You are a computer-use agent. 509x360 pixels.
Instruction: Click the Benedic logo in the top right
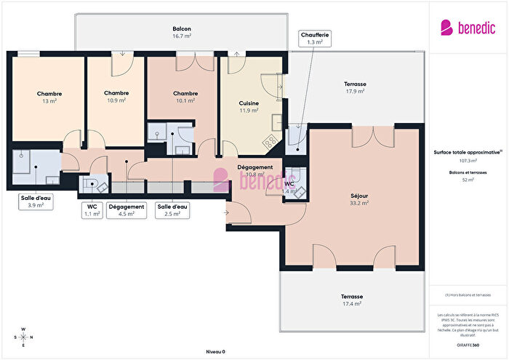click(x=468, y=28)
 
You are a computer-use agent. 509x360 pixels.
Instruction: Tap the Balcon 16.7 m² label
click(x=182, y=32)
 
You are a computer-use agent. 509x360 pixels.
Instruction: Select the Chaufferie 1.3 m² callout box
click(x=314, y=39)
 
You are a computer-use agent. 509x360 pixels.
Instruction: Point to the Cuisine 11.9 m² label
click(x=249, y=107)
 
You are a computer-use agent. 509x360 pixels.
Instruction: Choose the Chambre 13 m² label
click(x=49, y=97)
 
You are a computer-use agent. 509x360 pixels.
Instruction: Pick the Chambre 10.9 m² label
click(x=116, y=96)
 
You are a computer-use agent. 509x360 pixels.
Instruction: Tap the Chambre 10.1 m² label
click(x=186, y=97)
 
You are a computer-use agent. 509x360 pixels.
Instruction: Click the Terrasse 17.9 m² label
click(x=355, y=88)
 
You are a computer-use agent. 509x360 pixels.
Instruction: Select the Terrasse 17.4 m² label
click(x=352, y=300)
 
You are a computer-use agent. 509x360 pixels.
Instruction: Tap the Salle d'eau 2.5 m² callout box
click(x=172, y=210)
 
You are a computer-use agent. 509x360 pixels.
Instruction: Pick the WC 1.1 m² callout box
click(x=91, y=210)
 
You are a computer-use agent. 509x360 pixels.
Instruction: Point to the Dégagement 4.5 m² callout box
click(x=127, y=210)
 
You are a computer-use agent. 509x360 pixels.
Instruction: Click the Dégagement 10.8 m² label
click(x=254, y=171)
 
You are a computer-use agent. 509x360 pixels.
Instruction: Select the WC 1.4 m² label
click(x=289, y=188)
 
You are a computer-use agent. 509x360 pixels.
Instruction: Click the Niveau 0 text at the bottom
click(x=215, y=351)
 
